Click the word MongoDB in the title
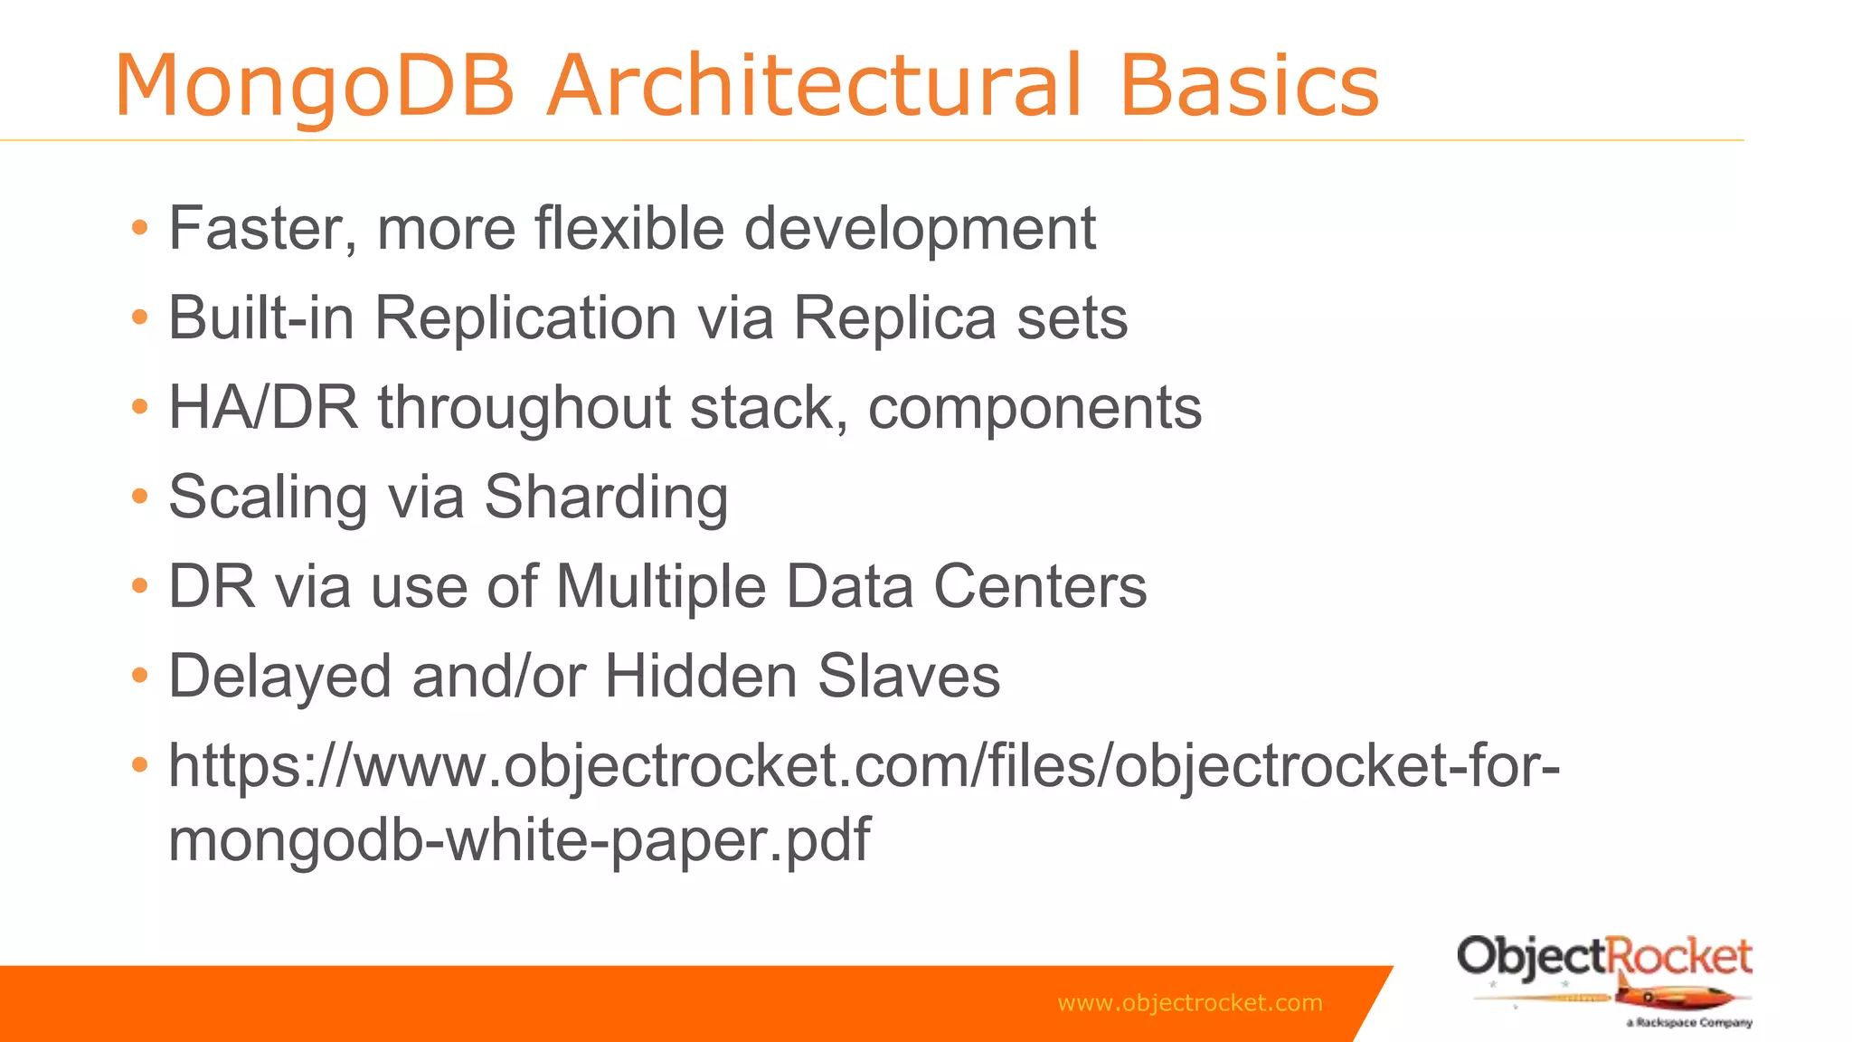[314, 87]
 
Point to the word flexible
[629, 228]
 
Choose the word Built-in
[260, 318]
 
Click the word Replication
[525, 318]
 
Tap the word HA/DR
[263, 408]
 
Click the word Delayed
[279, 677]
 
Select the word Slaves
[909, 677]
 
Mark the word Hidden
[700, 677]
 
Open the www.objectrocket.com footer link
[1189, 1003]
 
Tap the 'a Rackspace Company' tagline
[1688, 1023]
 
